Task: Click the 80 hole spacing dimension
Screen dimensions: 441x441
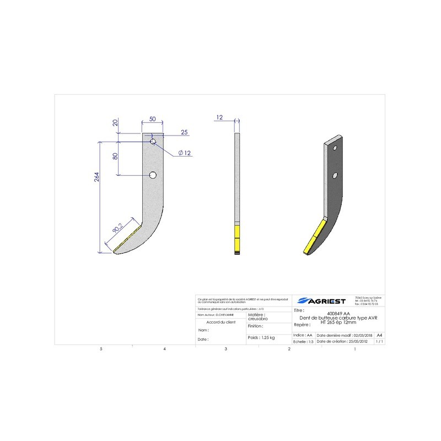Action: click(x=115, y=156)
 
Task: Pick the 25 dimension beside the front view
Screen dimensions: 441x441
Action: click(x=184, y=132)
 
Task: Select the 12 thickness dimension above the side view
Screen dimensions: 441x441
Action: click(x=219, y=117)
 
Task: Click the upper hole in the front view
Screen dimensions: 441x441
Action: click(x=153, y=142)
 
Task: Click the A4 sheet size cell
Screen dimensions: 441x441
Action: click(x=379, y=335)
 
